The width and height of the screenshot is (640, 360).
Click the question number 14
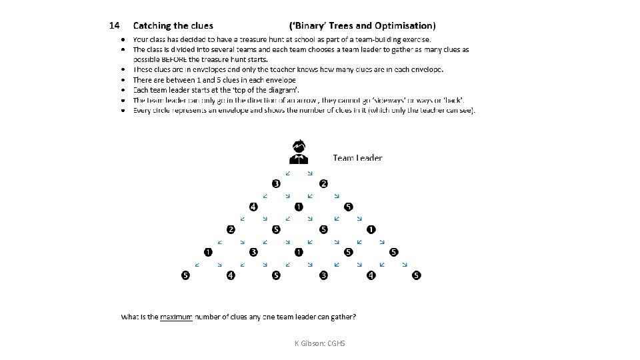coord(114,26)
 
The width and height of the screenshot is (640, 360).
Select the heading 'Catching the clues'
coord(173,26)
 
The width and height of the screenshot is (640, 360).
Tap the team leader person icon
coord(298,152)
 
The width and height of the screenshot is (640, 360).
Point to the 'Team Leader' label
coord(357,158)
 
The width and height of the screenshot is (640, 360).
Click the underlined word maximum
coord(176,316)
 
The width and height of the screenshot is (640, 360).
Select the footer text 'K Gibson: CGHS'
coord(320,343)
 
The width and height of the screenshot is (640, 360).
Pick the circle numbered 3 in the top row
coord(275,183)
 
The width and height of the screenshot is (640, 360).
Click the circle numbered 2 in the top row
coord(323,183)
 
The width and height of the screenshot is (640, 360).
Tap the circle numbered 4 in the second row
coord(253,207)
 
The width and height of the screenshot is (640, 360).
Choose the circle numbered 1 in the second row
coord(299,207)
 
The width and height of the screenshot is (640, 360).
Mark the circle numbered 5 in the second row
coord(349,207)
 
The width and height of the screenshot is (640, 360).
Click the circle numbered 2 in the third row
coord(231,230)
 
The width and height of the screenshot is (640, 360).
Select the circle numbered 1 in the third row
coord(371,230)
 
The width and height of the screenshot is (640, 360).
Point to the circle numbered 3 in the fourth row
coord(253,252)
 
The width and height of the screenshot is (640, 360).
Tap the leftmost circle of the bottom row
coord(185,275)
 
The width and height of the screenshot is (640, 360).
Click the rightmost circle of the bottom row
coord(417,275)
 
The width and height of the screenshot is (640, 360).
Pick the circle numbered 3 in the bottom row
coord(323,275)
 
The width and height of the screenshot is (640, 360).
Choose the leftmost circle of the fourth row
coord(208,252)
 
